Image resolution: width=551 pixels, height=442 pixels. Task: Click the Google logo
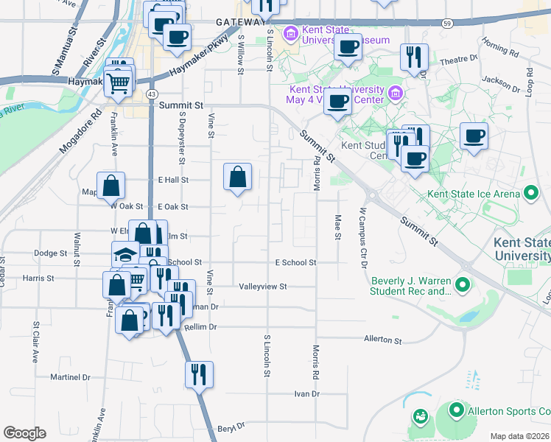(24, 433)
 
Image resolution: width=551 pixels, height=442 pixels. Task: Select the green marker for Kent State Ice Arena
(531, 194)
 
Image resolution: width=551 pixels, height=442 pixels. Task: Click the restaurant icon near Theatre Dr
(414, 58)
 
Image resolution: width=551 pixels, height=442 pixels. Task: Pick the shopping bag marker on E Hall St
(237, 178)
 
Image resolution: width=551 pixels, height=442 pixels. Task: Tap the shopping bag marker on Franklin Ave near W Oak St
(110, 186)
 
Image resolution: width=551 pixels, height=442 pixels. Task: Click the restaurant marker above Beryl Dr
(199, 375)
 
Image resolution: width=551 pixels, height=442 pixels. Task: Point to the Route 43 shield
(151, 94)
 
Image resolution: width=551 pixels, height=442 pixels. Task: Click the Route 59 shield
(447, 24)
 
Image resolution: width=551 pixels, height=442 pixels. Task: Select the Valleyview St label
(262, 286)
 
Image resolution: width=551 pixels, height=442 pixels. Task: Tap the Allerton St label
(382, 340)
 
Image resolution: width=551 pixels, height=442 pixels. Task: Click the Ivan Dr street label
(306, 394)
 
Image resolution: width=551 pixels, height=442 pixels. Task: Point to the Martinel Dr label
(70, 377)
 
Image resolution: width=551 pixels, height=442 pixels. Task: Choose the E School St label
(295, 262)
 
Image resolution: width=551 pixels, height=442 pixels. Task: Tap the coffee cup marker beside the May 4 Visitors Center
(338, 103)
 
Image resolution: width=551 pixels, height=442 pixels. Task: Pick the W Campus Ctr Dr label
(362, 237)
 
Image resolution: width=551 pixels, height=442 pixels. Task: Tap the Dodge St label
(50, 253)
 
